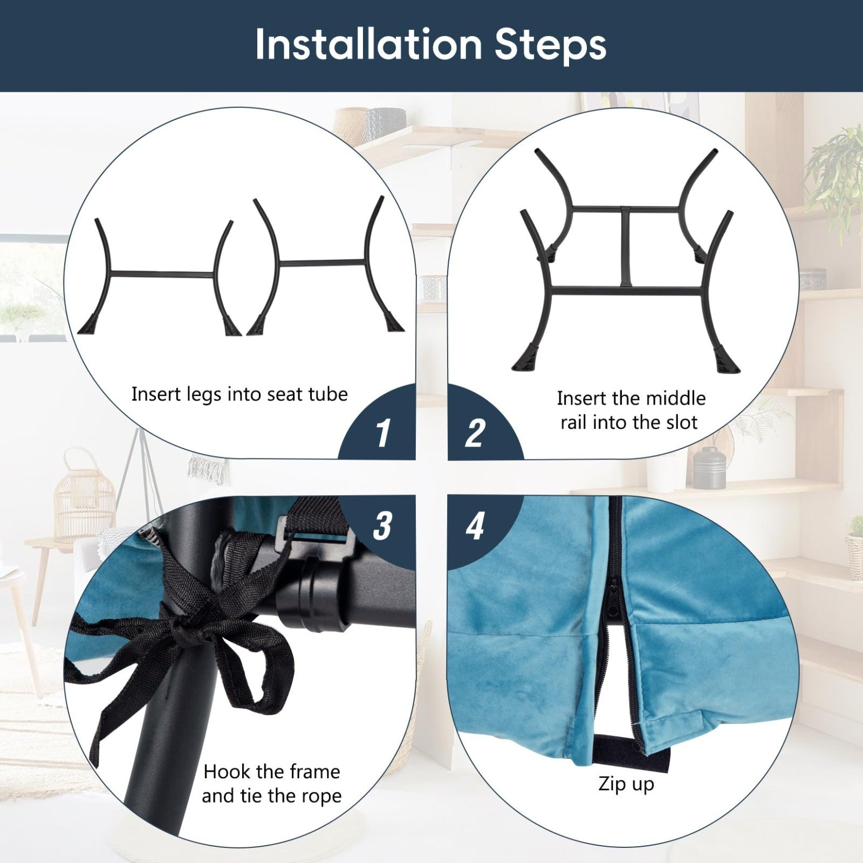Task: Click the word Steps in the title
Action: click(x=551, y=46)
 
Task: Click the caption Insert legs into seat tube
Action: click(x=239, y=395)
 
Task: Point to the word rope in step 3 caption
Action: click(x=321, y=797)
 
